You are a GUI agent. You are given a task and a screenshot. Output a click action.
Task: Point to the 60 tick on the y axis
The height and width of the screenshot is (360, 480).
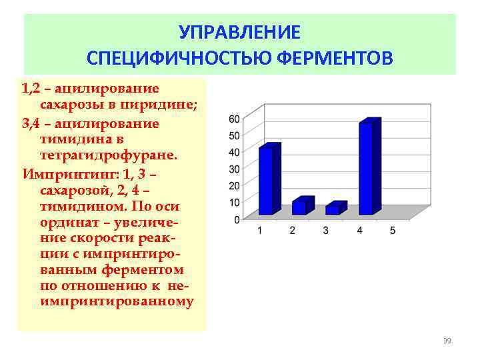click(234, 119)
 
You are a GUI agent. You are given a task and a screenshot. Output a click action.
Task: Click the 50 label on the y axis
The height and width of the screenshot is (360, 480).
click(234, 136)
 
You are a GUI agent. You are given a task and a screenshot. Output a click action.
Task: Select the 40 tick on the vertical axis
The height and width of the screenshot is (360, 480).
click(234, 153)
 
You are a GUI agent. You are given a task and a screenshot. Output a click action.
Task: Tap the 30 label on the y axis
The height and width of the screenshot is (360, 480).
click(234, 169)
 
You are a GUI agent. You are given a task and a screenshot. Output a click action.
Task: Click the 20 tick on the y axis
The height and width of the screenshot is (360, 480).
click(234, 186)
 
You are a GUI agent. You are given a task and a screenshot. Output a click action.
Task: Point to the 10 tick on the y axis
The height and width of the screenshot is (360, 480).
click(234, 203)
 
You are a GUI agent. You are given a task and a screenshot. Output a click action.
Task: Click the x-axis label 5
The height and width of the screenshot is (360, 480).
click(393, 231)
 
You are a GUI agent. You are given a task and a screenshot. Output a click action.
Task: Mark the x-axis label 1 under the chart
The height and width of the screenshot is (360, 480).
click(261, 231)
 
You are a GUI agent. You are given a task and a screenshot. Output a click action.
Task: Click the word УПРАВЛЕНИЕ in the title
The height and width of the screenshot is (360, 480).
click(240, 33)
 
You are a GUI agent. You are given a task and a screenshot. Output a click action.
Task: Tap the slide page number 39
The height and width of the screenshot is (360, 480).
click(447, 341)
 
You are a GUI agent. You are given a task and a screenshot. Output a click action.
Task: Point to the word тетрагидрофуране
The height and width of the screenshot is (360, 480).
click(109, 155)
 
